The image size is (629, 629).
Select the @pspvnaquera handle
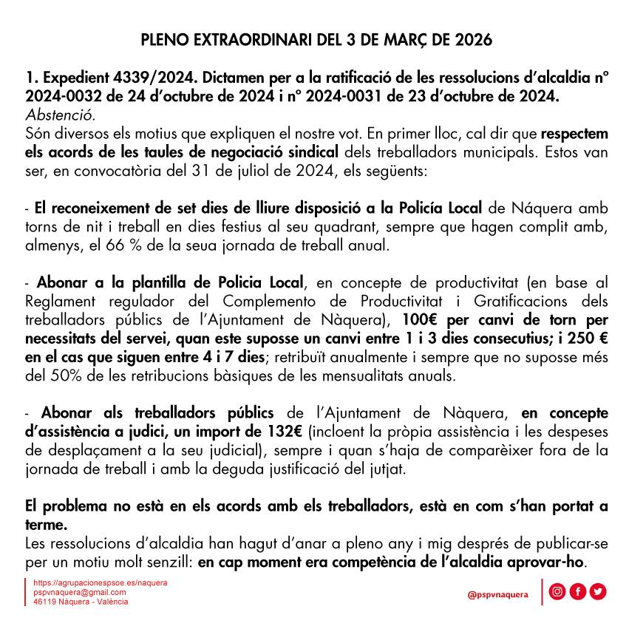[x=497, y=594]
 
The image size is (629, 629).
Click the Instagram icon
[x=559, y=591]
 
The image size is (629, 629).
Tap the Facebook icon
[x=578, y=591]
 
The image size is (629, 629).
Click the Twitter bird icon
[x=597, y=591]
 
